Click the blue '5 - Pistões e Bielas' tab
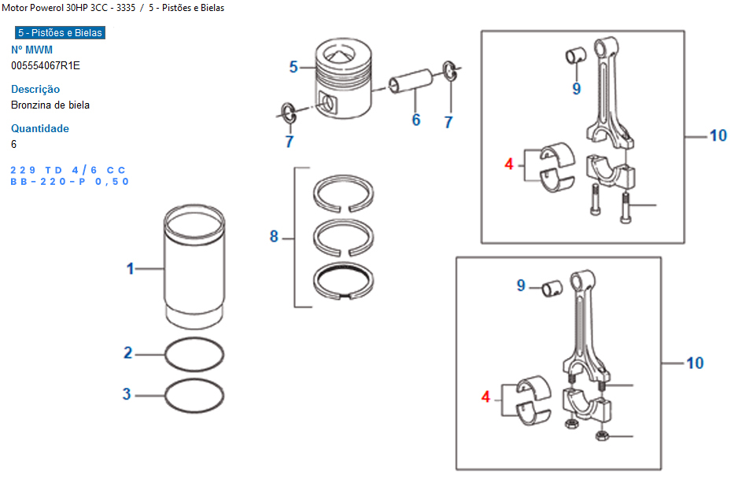59,33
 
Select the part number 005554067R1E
46,65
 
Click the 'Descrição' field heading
35,89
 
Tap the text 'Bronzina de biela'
50,105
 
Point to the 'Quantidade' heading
39,128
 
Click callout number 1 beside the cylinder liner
131,268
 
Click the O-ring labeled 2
194,354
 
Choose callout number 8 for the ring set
274,236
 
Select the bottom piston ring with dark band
343,280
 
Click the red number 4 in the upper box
509,164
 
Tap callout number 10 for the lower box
694,363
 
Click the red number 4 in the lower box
485,397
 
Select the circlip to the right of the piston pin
450,71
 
